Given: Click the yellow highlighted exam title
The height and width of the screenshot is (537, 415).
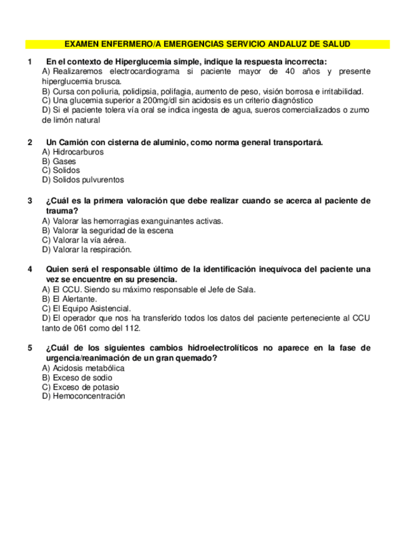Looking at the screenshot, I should coord(207,44).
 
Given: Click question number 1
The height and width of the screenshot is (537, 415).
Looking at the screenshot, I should coord(30,62).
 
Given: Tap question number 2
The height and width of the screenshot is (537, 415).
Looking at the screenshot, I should coord(30,142).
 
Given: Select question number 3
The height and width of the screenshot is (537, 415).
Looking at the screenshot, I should coord(30,201).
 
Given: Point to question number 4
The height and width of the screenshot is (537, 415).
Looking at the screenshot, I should coord(30,270).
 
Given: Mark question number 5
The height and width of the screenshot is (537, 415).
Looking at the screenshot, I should coord(30,348).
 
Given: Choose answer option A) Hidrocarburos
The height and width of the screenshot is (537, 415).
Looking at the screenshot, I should coord(73,152).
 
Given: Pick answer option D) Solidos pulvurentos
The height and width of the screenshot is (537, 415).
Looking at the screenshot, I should coord(83,180).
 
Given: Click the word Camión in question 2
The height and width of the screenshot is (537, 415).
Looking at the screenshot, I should coord(76,142).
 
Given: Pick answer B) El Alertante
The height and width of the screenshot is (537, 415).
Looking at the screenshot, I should coord(69,299).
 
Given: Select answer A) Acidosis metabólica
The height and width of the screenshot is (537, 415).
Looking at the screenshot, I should coord(83,368).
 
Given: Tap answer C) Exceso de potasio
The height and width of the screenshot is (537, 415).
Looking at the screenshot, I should coord(80,387).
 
